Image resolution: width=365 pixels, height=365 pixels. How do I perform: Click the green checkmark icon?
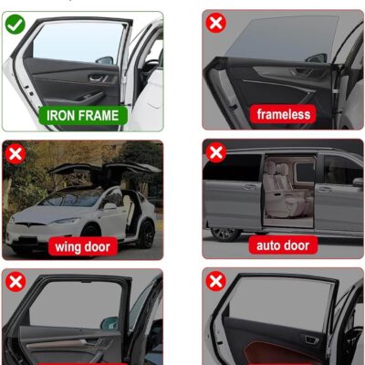click(16, 25)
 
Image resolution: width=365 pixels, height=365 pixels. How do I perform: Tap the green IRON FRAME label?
click(83, 116)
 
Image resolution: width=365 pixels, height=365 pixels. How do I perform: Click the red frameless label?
click(284, 114)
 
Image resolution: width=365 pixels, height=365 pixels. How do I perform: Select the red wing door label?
click(82, 246)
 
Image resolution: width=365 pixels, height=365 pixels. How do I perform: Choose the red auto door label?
click(283, 245)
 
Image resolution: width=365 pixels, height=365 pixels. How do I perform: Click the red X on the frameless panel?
click(216, 23)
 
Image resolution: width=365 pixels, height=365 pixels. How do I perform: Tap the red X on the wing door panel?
click(16, 154)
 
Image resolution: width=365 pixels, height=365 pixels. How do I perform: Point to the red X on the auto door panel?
click(216, 152)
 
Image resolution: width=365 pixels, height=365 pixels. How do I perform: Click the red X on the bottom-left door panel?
click(16, 282)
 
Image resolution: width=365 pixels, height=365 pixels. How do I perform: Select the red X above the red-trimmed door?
click(216, 281)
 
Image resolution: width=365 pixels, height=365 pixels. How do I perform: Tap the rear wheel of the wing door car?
click(146, 235)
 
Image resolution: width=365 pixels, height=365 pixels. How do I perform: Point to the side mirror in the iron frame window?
click(105, 60)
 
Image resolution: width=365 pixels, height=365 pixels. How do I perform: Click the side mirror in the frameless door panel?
click(317, 57)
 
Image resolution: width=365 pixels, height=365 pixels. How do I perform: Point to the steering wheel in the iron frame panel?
click(151, 67)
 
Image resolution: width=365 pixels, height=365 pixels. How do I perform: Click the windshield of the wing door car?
click(70, 198)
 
